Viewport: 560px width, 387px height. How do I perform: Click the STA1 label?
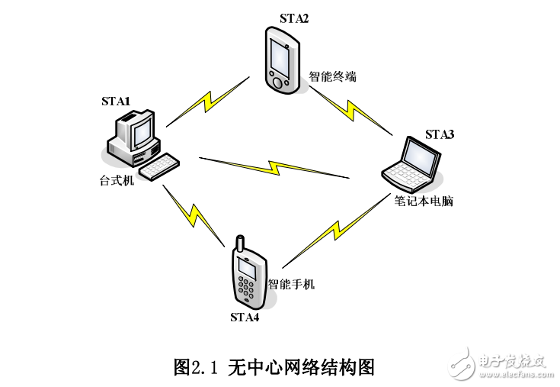116,101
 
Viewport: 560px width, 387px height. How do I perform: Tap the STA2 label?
293,18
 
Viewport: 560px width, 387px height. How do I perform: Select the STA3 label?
440,135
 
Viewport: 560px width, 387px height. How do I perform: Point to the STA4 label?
245,317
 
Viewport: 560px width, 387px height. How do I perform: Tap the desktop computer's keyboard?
159,166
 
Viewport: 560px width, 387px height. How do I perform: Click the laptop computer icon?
413,163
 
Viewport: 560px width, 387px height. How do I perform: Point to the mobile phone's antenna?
238,247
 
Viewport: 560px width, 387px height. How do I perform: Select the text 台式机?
117,182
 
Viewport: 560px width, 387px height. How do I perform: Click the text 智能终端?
332,77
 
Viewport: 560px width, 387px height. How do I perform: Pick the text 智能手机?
291,285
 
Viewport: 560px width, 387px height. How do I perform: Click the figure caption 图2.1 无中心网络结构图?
275,367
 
